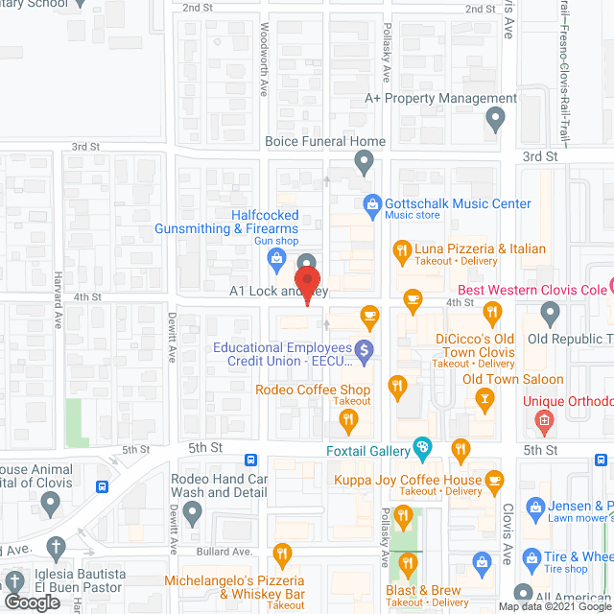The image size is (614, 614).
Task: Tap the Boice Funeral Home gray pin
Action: (364, 163)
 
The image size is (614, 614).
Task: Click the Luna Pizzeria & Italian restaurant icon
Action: (402, 252)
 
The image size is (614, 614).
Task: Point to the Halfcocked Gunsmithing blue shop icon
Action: (277, 256)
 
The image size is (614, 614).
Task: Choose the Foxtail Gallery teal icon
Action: (421, 446)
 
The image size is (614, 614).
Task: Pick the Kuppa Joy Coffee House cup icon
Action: (494, 480)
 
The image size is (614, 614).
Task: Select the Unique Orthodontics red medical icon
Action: (543, 419)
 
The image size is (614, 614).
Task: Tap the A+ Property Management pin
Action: (495, 119)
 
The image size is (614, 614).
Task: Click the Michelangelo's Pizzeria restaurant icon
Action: (282, 554)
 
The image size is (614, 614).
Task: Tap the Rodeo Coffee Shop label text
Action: (313, 390)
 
